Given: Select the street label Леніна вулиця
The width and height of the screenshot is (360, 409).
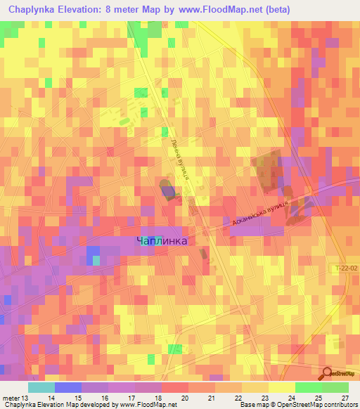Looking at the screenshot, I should click(181, 160).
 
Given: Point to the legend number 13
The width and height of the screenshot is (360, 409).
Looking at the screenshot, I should click(28, 397).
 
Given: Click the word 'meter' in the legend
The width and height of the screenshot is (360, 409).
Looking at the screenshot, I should click(11, 397).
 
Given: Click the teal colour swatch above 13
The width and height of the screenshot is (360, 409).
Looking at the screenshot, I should click(41, 387).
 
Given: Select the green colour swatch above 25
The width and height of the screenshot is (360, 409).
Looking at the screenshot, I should click(309, 387).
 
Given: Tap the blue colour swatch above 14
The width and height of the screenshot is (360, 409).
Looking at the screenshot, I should click(68, 387).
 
